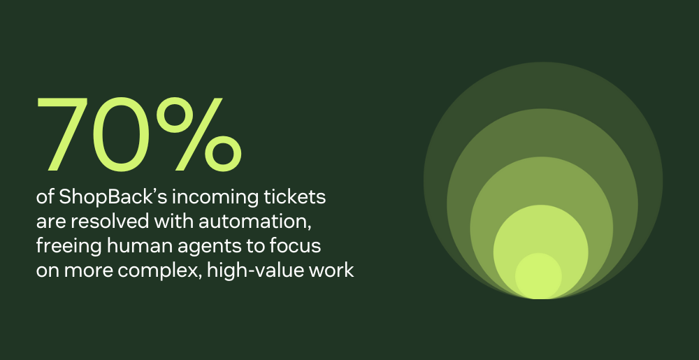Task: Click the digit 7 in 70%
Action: (62, 134)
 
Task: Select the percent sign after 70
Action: (199, 134)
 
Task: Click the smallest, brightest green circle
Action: (538, 276)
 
